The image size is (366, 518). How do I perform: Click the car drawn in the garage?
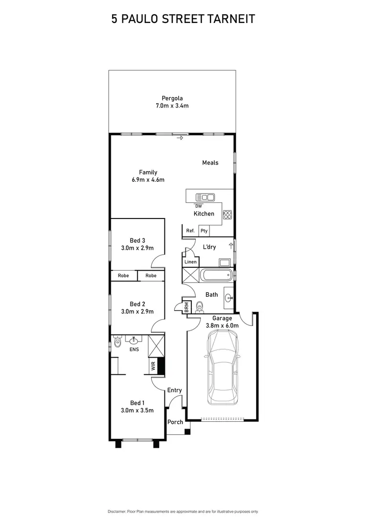click(223, 367)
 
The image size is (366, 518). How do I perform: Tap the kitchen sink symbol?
click(205, 197)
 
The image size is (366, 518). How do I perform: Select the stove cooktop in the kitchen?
click(227, 214)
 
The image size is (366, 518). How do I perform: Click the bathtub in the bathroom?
click(217, 275)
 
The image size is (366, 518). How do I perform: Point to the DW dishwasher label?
click(199, 206)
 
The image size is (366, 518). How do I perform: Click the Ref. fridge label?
click(190, 231)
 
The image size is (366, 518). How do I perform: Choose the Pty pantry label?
click(204, 231)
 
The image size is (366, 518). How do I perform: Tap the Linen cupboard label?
click(190, 262)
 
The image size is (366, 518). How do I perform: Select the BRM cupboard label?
click(186, 307)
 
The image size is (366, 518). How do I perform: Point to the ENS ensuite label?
click(133, 350)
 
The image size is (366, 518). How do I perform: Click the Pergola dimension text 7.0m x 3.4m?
click(172, 106)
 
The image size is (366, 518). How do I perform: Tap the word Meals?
click(210, 163)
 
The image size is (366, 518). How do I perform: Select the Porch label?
click(175, 422)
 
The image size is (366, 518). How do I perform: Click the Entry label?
click(174, 390)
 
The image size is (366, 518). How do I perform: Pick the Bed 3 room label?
click(137, 240)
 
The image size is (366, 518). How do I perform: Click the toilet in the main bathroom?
click(199, 307)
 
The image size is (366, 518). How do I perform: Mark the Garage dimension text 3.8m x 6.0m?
click(222, 325)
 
